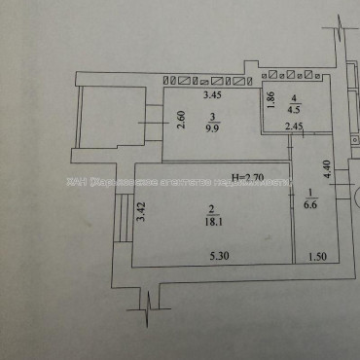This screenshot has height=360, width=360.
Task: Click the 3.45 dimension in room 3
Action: tap(211, 96)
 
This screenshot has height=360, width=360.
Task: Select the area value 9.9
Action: tap(213, 125)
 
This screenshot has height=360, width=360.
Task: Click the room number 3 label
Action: tap(213, 113)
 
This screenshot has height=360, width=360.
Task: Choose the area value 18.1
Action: tap(213, 221)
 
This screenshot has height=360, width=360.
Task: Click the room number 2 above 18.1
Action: tap(213, 208)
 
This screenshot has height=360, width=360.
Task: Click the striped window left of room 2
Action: tap(124, 216)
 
